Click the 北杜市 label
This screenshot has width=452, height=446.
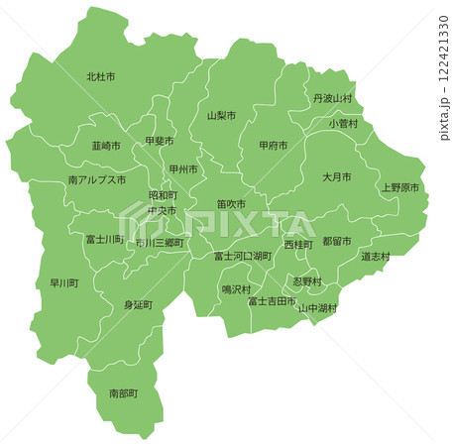[101, 76]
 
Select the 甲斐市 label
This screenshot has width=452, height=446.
[159, 141]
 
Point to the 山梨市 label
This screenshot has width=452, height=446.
[221, 116]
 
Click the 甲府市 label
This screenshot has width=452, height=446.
[273, 145]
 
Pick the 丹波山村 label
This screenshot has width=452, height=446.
[331, 99]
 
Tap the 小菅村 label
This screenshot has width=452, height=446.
[343, 124]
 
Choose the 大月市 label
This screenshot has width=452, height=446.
[337, 176]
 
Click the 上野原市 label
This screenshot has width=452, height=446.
[399, 186]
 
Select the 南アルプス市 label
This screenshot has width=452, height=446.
[97, 181]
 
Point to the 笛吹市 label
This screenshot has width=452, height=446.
[232, 204]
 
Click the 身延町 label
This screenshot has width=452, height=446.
[139, 305]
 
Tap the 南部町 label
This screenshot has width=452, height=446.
[124, 393]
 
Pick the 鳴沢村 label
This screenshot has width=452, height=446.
[235, 289]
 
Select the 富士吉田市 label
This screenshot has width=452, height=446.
[272, 300]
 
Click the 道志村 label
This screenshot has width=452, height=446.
[375, 257]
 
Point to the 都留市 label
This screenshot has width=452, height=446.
[337, 241]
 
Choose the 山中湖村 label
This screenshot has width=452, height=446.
[317, 308]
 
